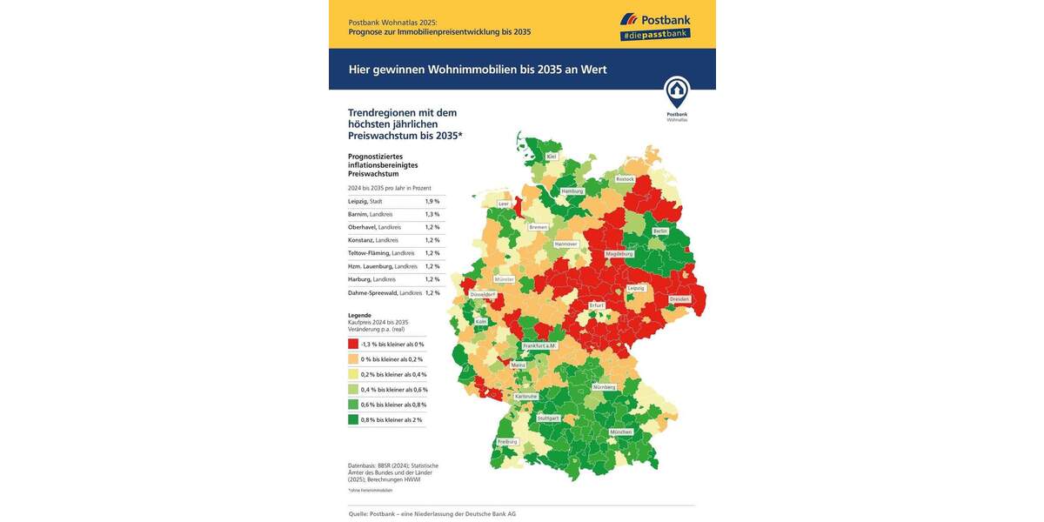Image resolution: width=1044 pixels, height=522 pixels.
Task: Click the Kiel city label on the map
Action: click(552, 157)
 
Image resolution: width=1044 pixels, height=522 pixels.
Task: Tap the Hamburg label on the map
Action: click(572, 191)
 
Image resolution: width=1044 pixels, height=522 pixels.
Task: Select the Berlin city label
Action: click(660, 231)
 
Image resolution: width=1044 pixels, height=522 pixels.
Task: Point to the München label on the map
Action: click(620, 432)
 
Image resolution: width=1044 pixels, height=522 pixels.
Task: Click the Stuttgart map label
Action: click(548, 418)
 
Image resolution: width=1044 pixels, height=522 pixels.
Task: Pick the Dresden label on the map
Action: click(679, 299)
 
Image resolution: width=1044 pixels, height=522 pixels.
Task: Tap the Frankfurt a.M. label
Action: click(539, 345)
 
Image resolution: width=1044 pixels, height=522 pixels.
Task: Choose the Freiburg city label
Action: click(507, 442)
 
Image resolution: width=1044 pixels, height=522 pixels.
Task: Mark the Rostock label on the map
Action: click(625, 179)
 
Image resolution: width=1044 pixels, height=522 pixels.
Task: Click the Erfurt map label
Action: click(596, 305)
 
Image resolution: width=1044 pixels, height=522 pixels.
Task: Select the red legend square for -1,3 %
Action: click(353, 345)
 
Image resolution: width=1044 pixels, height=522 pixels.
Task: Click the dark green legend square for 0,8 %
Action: click(353, 419)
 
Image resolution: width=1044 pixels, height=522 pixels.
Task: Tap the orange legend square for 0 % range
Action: click(353, 359)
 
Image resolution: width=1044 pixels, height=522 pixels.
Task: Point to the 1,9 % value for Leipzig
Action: click(432, 201)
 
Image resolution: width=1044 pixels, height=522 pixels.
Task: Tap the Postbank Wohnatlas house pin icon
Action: click(676, 91)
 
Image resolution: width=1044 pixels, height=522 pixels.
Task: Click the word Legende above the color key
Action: click(359, 315)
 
